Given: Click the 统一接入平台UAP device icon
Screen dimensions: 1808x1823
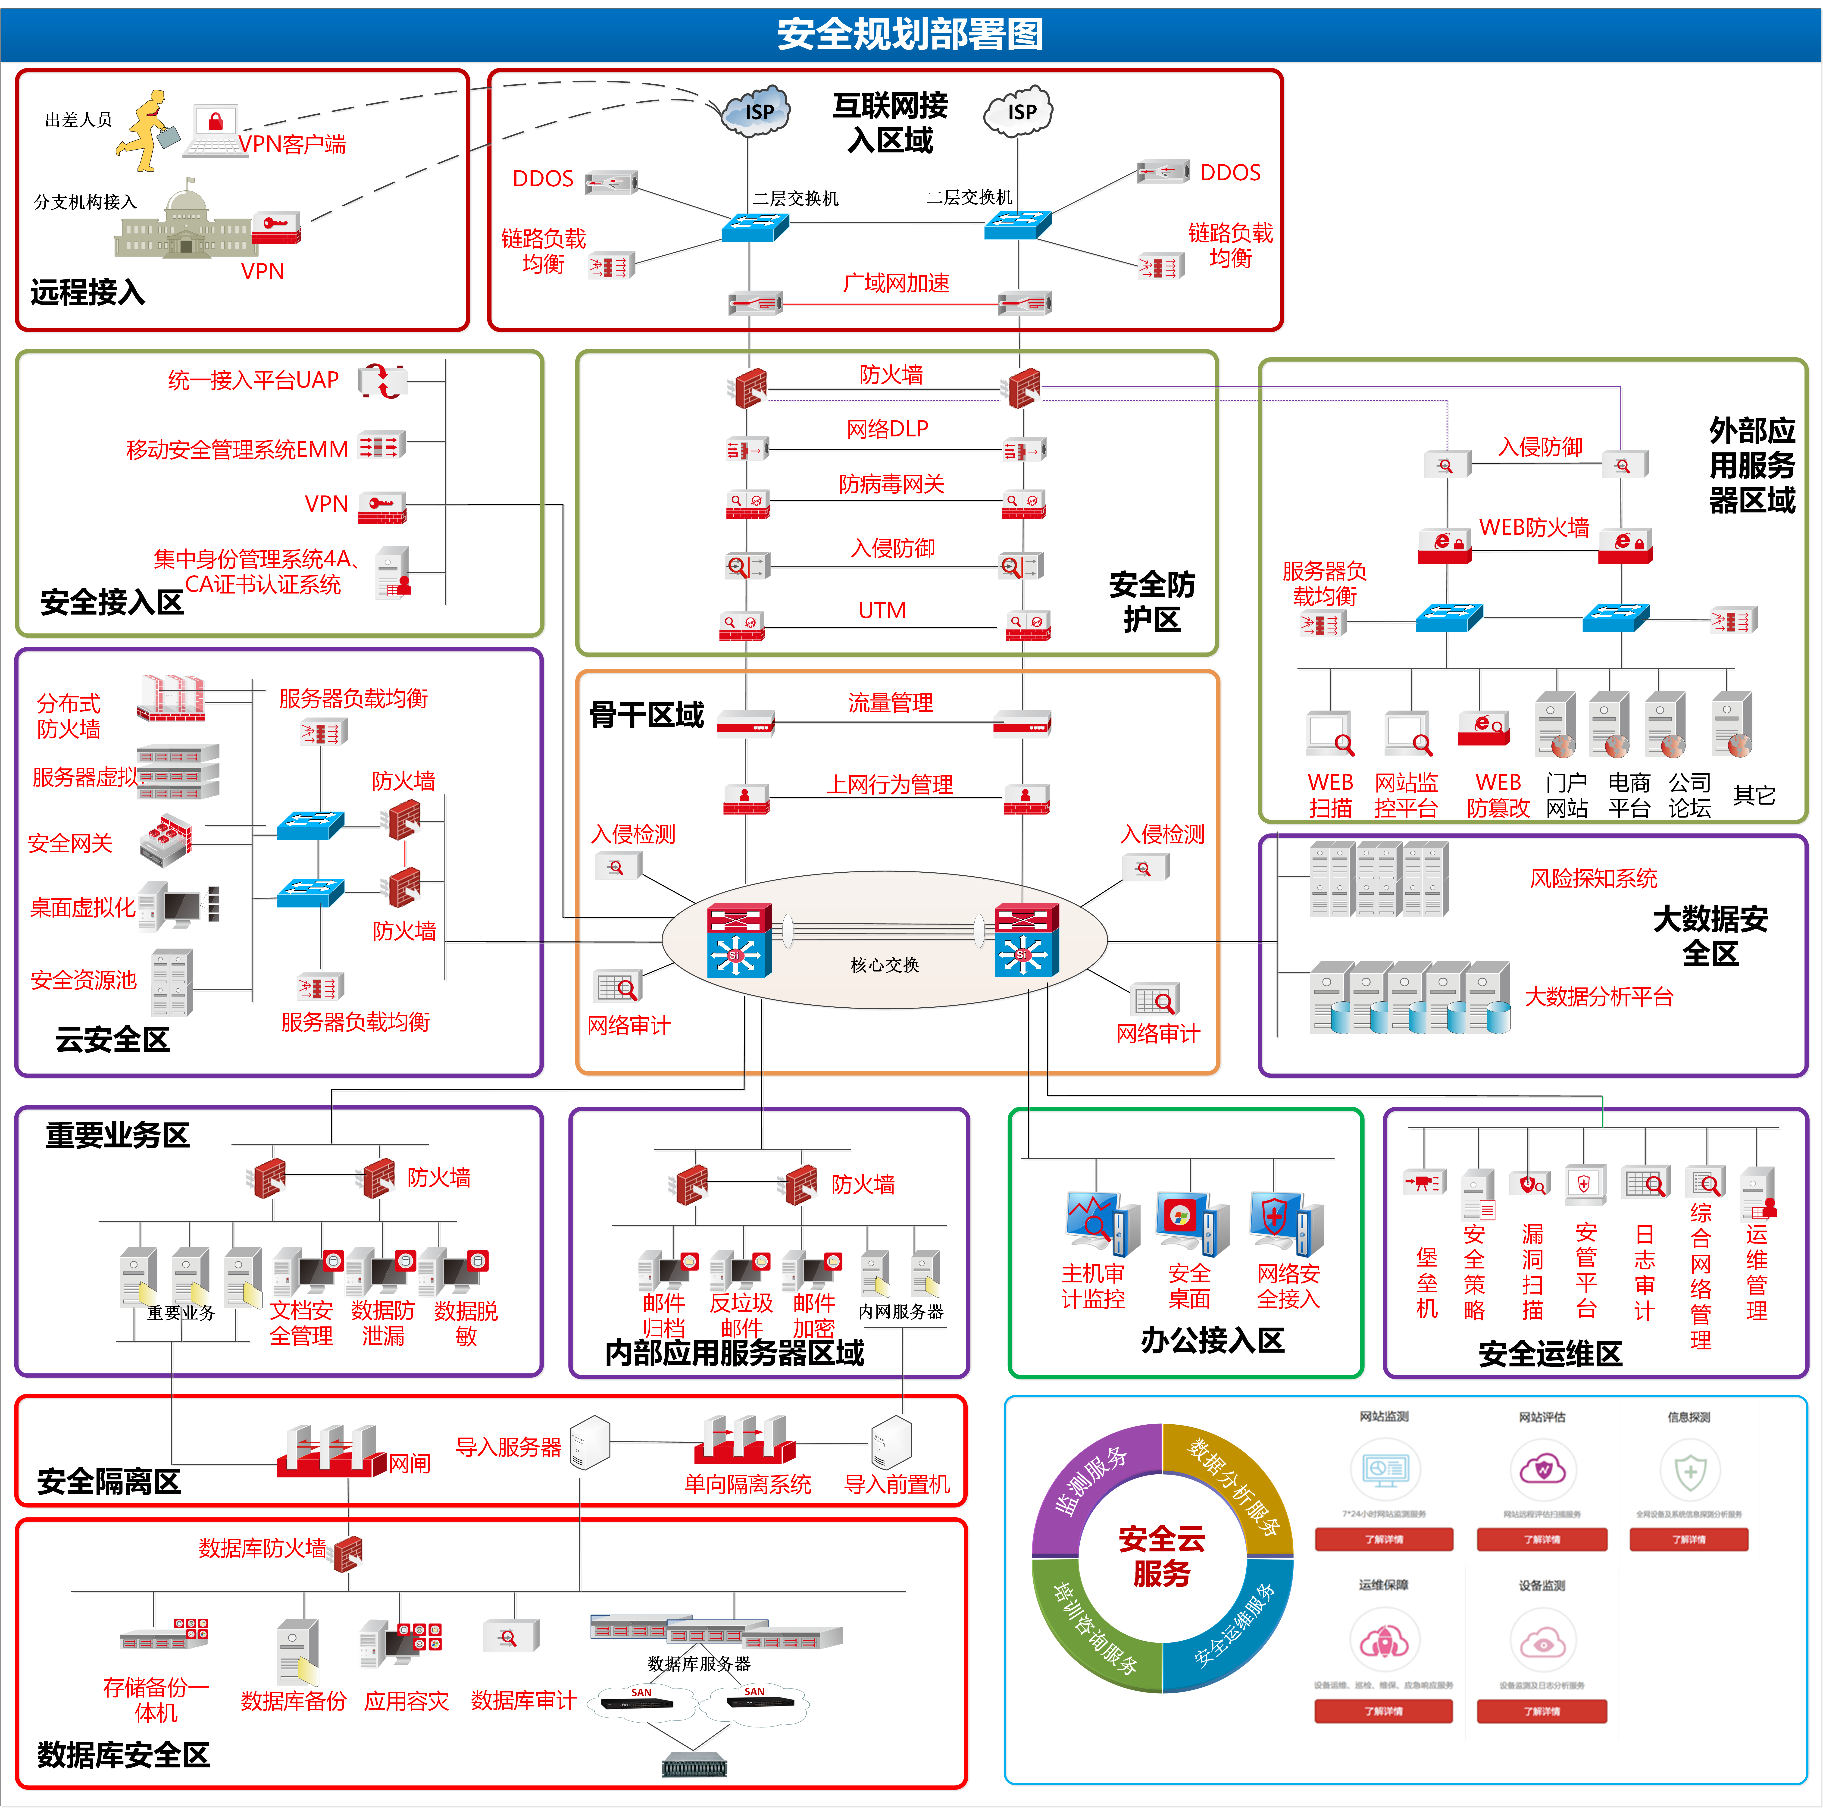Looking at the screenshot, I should [382, 381].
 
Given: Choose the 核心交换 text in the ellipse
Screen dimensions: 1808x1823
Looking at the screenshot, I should [884, 964].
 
